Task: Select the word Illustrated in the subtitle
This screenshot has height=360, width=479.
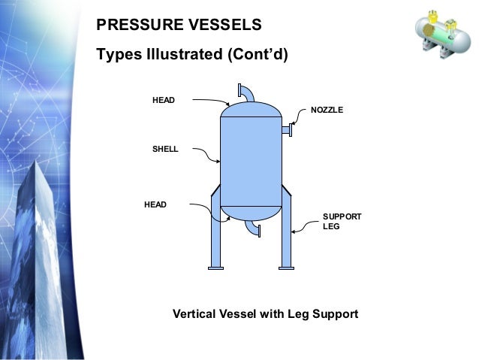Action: pos(189,55)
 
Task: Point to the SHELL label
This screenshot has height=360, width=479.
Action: pos(165,150)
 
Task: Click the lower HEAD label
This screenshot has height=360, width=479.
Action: pos(155,204)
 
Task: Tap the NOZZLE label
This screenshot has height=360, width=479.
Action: pos(327,110)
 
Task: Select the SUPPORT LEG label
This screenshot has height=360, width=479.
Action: pos(342,221)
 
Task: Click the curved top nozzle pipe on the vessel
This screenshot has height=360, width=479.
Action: pos(246,92)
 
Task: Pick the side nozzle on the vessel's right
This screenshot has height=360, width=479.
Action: pos(286,131)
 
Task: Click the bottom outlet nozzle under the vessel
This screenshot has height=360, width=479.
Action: pos(255,228)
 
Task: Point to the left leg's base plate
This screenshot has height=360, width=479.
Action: pos(216,268)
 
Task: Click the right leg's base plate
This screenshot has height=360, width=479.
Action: pos(286,268)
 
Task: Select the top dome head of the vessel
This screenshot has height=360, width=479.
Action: pos(251,110)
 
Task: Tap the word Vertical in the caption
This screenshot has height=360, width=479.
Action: pos(197,313)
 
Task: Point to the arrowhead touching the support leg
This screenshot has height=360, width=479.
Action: pos(294,231)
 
